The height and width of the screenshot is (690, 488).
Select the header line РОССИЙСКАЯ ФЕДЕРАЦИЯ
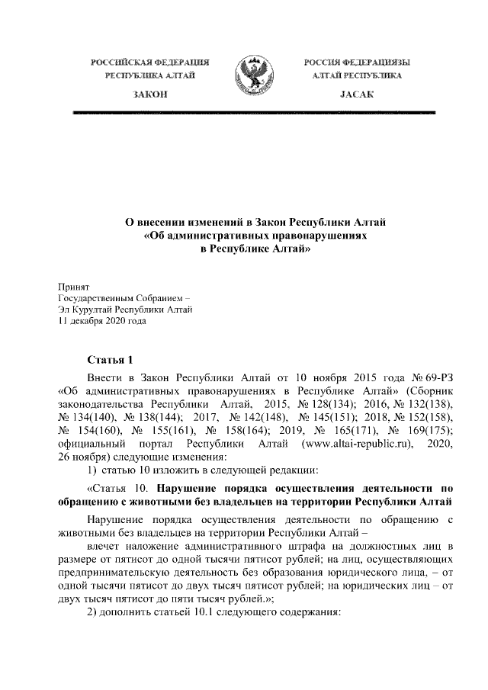(x=149, y=60)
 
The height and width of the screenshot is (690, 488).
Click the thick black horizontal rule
(x=252, y=113)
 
